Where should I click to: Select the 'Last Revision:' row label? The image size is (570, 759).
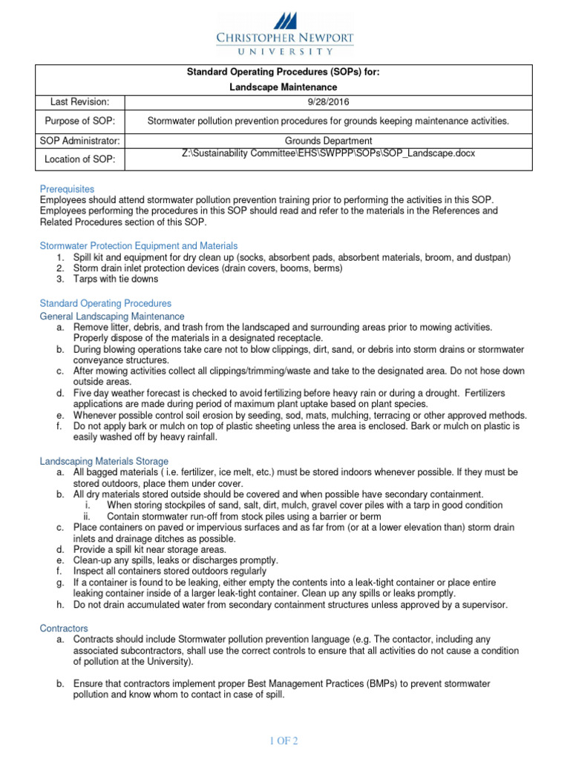(79, 102)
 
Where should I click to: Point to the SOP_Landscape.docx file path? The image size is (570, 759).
(328, 153)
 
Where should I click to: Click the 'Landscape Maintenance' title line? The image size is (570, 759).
(285, 87)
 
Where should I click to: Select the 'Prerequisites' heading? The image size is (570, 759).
(67, 189)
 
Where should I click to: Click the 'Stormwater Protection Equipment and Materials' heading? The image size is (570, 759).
(138, 245)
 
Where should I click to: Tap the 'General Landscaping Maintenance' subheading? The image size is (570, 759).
(111, 316)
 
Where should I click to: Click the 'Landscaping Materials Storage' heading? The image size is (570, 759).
(104, 461)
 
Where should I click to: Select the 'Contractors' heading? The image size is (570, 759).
(64, 628)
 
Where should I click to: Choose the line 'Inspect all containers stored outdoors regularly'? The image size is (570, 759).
(169, 571)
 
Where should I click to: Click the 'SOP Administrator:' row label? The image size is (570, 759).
(79, 141)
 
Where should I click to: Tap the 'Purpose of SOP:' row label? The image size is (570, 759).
(79, 121)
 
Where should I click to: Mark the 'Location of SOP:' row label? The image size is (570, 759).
(79, 159)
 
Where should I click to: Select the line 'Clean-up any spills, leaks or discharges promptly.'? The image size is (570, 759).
(176, 560)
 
